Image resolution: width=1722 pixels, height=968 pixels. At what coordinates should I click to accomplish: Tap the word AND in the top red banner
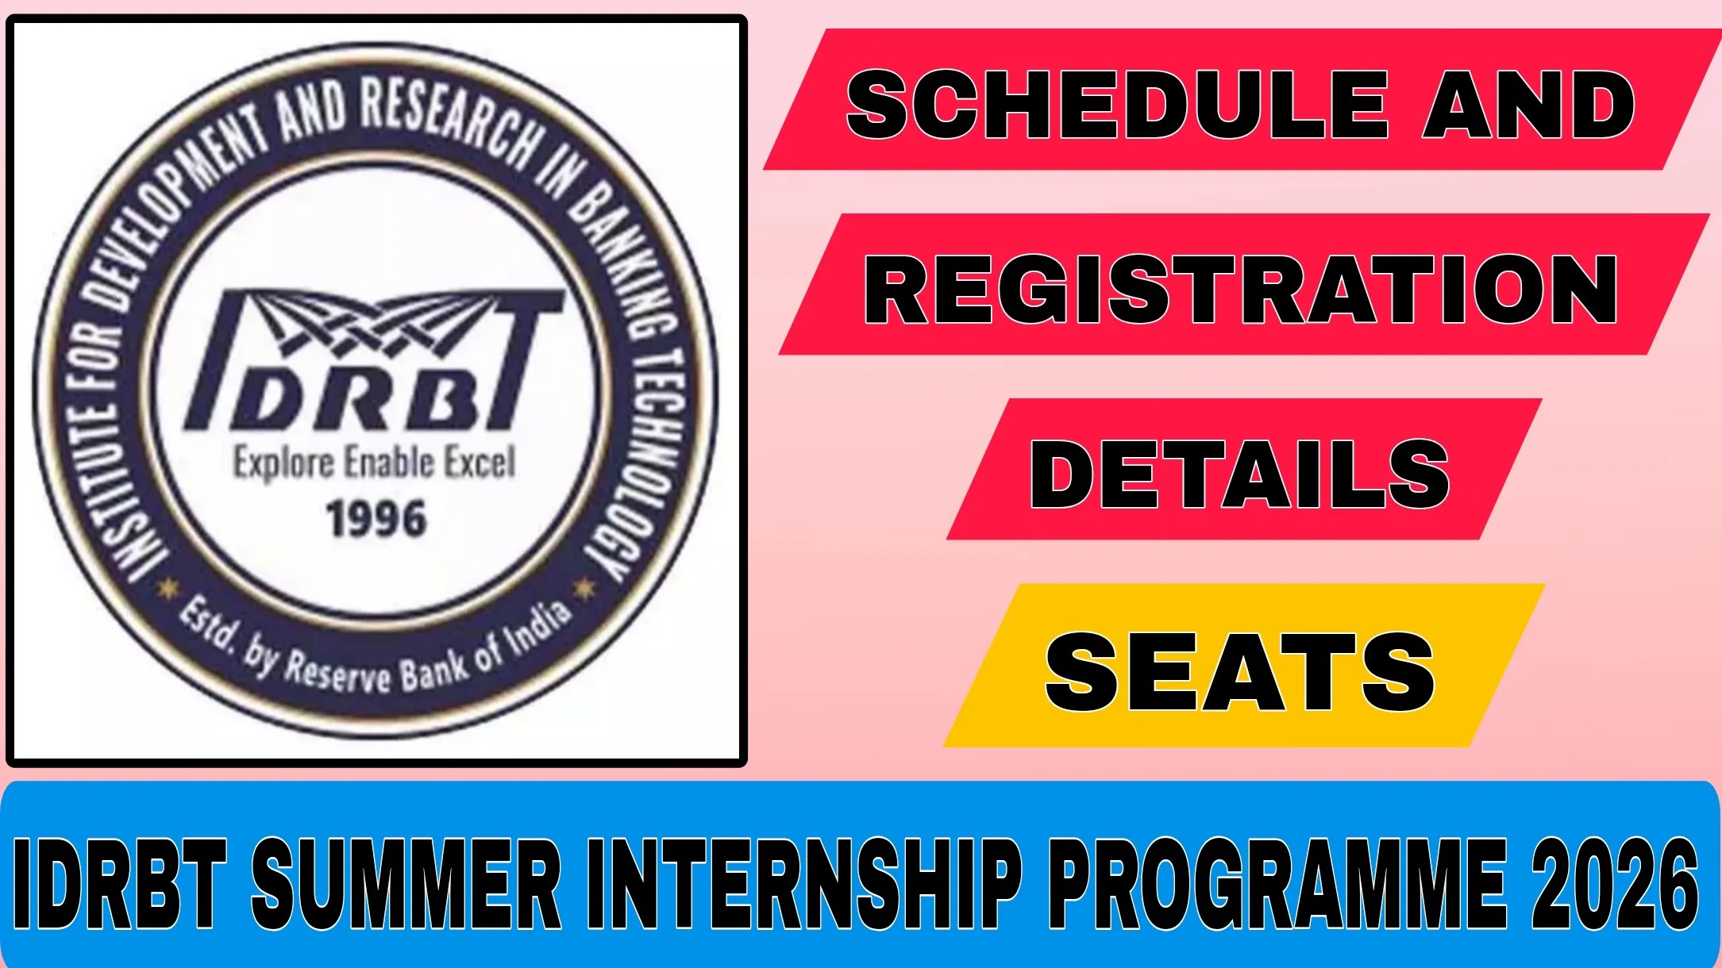pos(1528,104)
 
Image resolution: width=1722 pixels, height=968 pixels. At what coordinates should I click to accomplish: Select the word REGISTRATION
pos(1240,290)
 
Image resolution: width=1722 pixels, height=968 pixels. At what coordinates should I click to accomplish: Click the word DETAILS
pos(1239,474)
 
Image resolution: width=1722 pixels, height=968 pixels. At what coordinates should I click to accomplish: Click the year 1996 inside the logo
pos(376,519)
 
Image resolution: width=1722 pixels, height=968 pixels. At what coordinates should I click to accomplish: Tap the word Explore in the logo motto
pos(283,463)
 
